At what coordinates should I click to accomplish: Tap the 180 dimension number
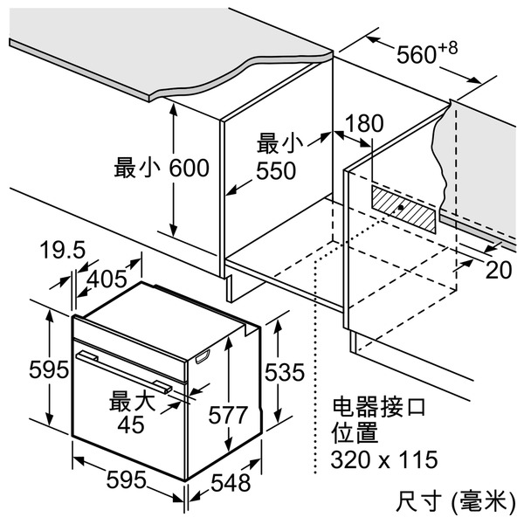point(363,124)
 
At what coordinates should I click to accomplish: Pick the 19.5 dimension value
point(63,252)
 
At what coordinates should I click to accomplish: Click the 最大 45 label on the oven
point(132,412)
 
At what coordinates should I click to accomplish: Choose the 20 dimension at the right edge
point(499,270)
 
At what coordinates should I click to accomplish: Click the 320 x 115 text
point(384,459)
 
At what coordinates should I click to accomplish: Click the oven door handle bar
point(122,368)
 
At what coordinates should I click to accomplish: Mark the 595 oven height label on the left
point(24,369)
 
